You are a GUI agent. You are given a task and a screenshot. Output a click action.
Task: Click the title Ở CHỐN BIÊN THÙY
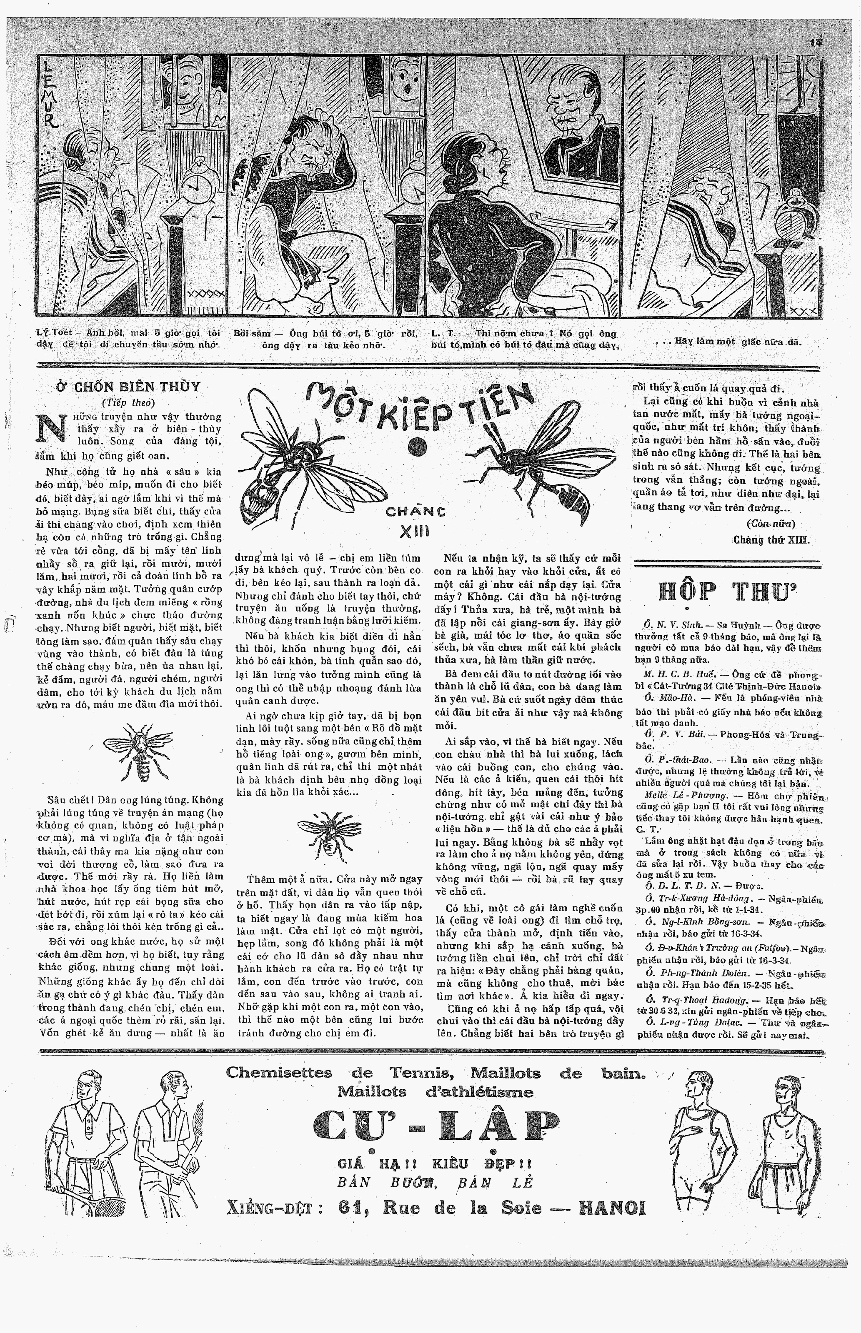[128, 387]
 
